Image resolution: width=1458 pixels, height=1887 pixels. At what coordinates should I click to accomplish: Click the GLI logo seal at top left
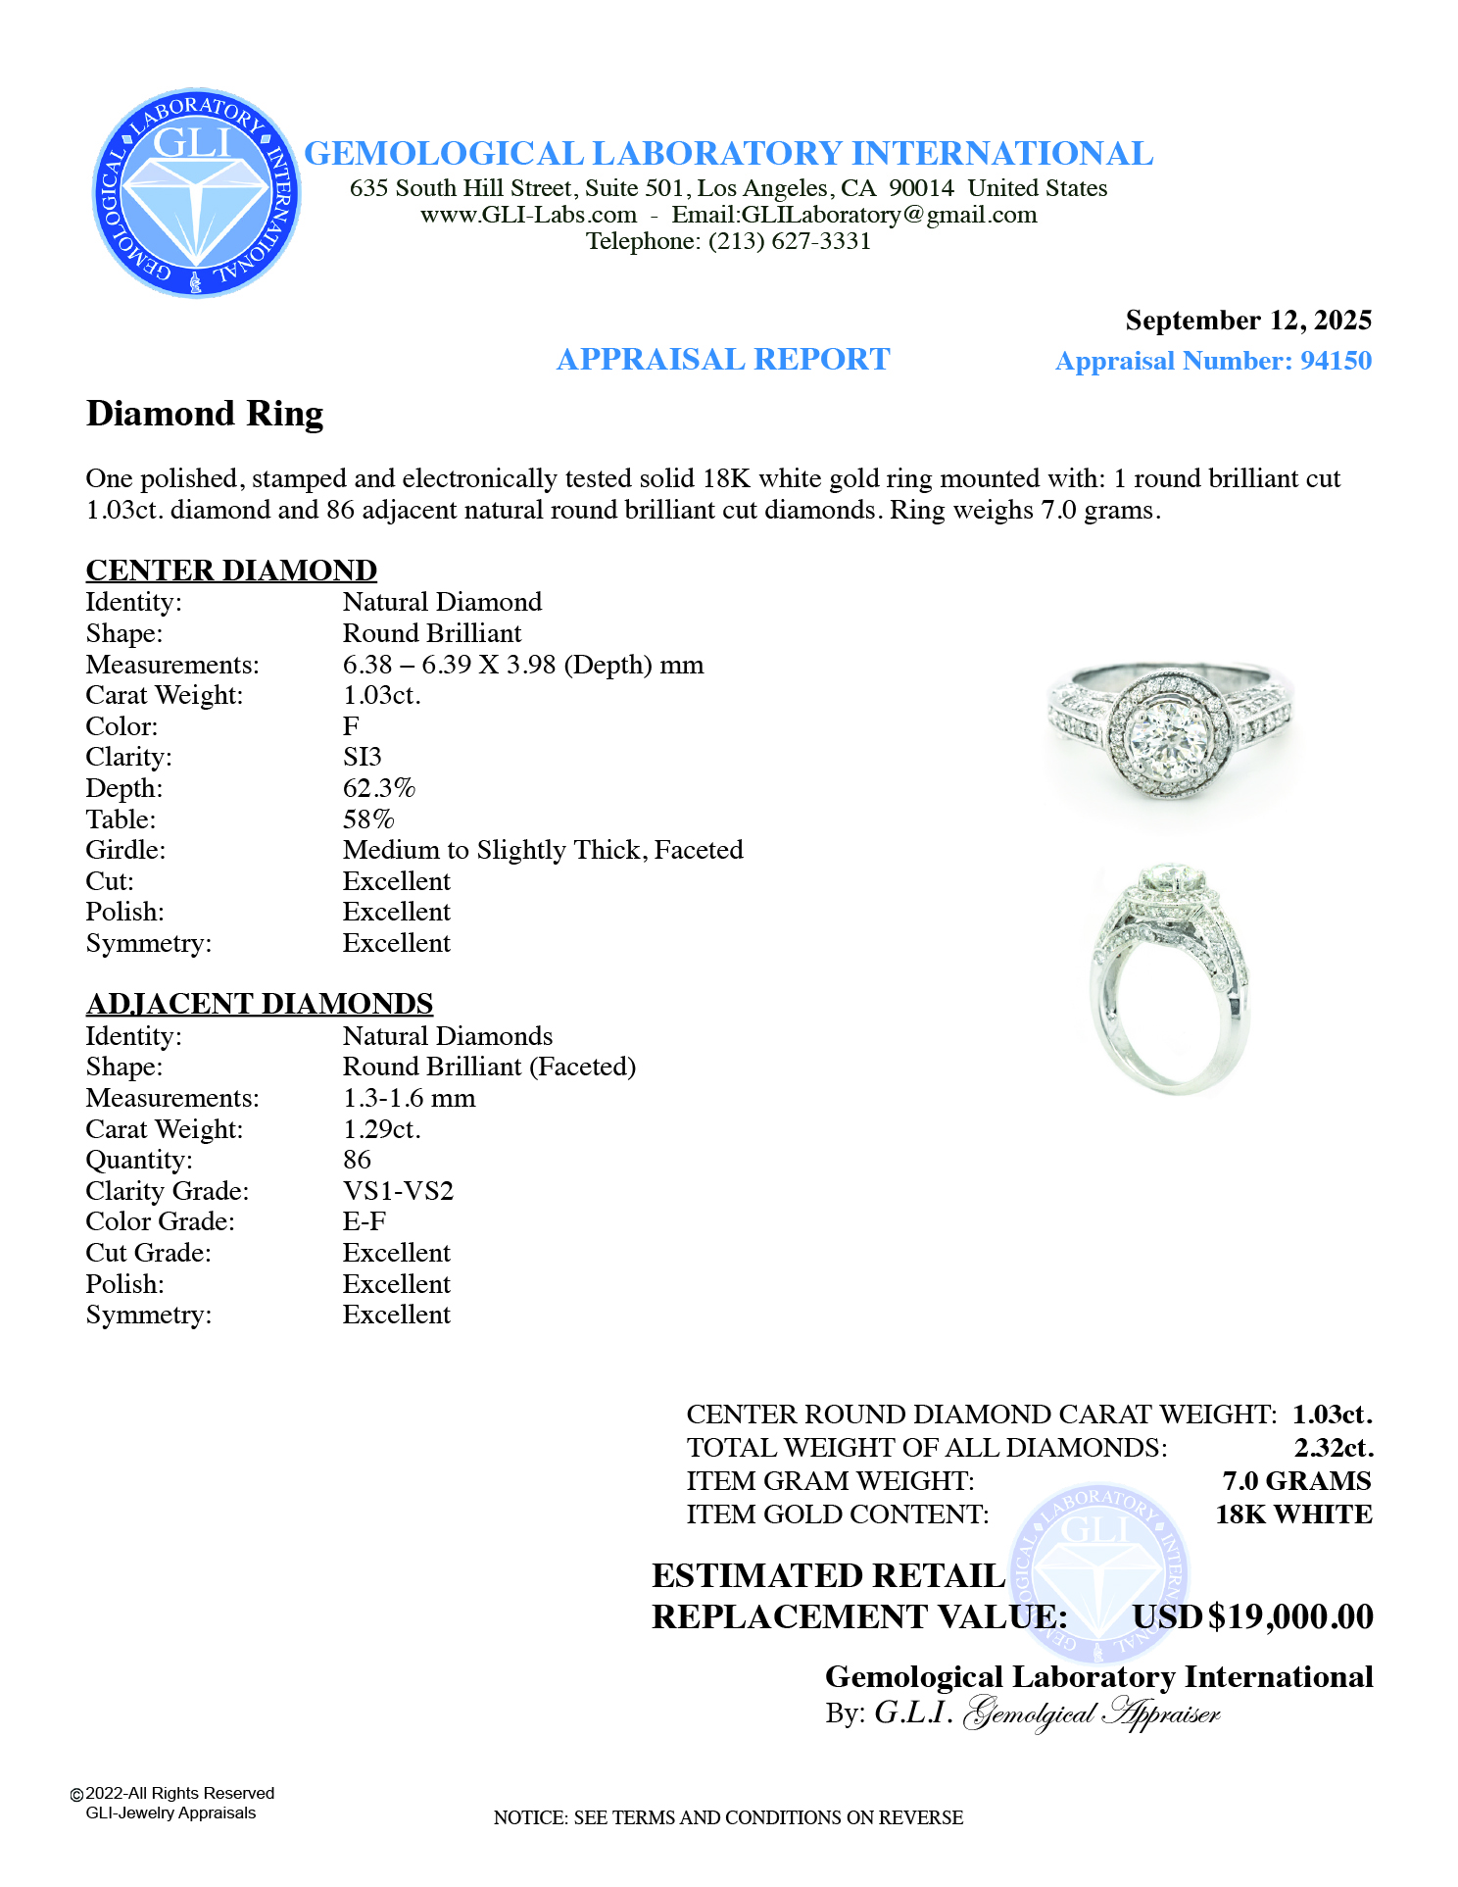196,193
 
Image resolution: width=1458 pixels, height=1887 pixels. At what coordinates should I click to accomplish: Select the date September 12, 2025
1247,321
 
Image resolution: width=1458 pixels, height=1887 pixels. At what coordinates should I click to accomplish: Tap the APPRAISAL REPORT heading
722,360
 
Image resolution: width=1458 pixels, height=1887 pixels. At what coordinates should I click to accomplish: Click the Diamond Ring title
205,414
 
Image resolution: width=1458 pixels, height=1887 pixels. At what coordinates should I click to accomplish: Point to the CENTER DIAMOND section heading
231,571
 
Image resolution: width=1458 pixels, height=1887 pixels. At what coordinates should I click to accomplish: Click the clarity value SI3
362,757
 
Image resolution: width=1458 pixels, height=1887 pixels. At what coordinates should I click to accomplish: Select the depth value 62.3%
378,788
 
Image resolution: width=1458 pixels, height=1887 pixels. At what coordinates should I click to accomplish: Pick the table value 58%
367,819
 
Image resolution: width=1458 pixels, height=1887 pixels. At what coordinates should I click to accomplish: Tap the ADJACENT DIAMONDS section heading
259,1004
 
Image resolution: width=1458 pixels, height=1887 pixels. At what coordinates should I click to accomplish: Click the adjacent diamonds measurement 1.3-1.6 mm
409,1098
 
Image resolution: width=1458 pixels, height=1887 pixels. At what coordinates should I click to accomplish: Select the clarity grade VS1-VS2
398,1191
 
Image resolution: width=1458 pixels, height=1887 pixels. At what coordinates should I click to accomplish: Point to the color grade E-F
364,1221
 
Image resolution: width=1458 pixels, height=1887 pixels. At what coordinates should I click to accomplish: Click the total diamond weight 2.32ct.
1333,1448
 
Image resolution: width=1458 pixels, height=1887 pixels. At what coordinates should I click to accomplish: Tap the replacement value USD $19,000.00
1252,1616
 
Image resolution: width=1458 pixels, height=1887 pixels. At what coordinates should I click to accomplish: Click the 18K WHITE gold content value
1292,1515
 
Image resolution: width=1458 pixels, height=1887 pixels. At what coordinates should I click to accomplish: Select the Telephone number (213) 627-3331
790,241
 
